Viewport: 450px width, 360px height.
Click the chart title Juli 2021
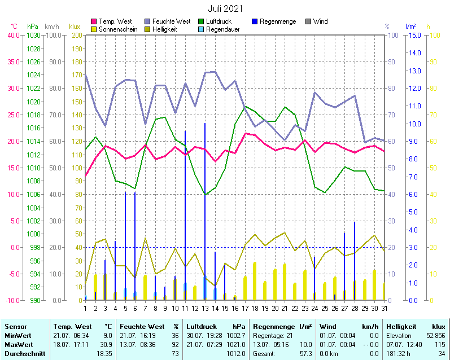(x=225, y=8)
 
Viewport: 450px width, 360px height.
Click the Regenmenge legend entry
(x=278, y=21)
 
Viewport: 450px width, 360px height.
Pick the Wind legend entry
(x=320, y=21)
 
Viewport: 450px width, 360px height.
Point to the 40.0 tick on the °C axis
(x=13, y=35)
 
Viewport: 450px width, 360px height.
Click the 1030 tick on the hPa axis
(x=33, y=35)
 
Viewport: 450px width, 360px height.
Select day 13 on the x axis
(x=205, y=308)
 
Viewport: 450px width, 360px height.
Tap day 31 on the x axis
(x=384, y=308)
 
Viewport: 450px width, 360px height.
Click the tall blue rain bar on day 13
(x=205, y=209)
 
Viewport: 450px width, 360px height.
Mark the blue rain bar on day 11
(x=185, y=214)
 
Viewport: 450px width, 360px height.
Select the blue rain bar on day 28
(x=354, y=260)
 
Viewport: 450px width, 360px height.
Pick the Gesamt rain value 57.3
(x=305, y=353)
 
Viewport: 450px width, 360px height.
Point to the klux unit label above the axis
(x=75, y=27)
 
